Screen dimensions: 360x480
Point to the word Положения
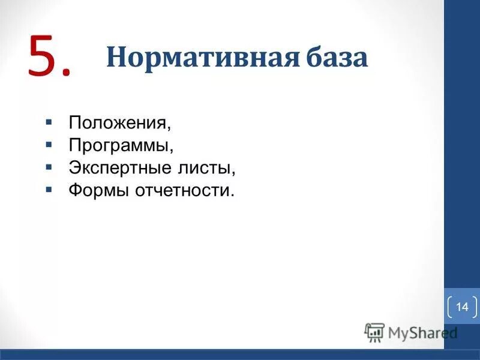tap(118, 124)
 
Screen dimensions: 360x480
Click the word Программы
tap(120, 146)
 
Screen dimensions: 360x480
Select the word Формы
tap(96, 191)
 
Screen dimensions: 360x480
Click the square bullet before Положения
tap(49, 122)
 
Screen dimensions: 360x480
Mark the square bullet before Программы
tap(49, 145)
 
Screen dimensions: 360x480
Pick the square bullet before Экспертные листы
tap(49, 167)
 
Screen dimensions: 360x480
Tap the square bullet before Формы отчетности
tap(49, 190)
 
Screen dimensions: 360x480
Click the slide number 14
tap(461, 307)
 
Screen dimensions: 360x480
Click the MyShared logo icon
tap(374, 332)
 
